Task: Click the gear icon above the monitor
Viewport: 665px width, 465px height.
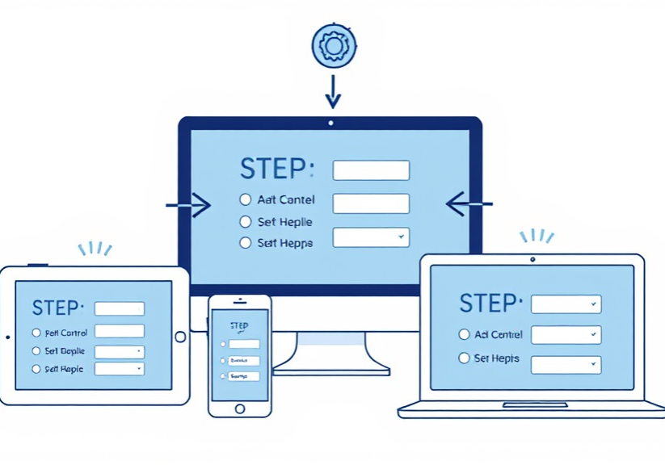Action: click(x=332, y=45)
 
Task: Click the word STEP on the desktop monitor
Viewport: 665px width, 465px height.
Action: click(x=276, y=170)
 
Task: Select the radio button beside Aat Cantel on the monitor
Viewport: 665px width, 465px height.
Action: click(x=246, y=199)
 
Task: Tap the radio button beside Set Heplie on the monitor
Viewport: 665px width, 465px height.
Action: click(x=246, y=221)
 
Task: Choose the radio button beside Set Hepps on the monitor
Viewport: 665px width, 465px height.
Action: click(x=246, y=242)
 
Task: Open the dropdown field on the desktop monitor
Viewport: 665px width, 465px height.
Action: click(x=371, y=237)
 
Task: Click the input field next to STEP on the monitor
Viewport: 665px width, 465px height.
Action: click(x=371, y=170)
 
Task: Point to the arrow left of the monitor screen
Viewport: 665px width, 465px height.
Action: click(x=189, y=205)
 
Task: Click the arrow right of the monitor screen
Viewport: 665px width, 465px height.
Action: click(x=468, y=203)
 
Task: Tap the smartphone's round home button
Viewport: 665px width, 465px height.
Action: click(x=239, y=408)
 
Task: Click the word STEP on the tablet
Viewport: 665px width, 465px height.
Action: click(x=57, y=308)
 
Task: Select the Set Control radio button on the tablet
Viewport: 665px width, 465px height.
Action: click(x=36, y=333)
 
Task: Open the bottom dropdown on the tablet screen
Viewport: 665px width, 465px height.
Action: click(x=120, y=368)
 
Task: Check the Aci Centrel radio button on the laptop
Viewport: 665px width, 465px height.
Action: click(x=464, y=334)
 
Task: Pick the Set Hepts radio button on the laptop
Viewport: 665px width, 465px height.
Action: click(x=464, y=358)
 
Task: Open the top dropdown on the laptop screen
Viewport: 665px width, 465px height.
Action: click(x=566, y=304)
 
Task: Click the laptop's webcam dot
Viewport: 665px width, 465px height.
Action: click(x=532, y=259)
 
